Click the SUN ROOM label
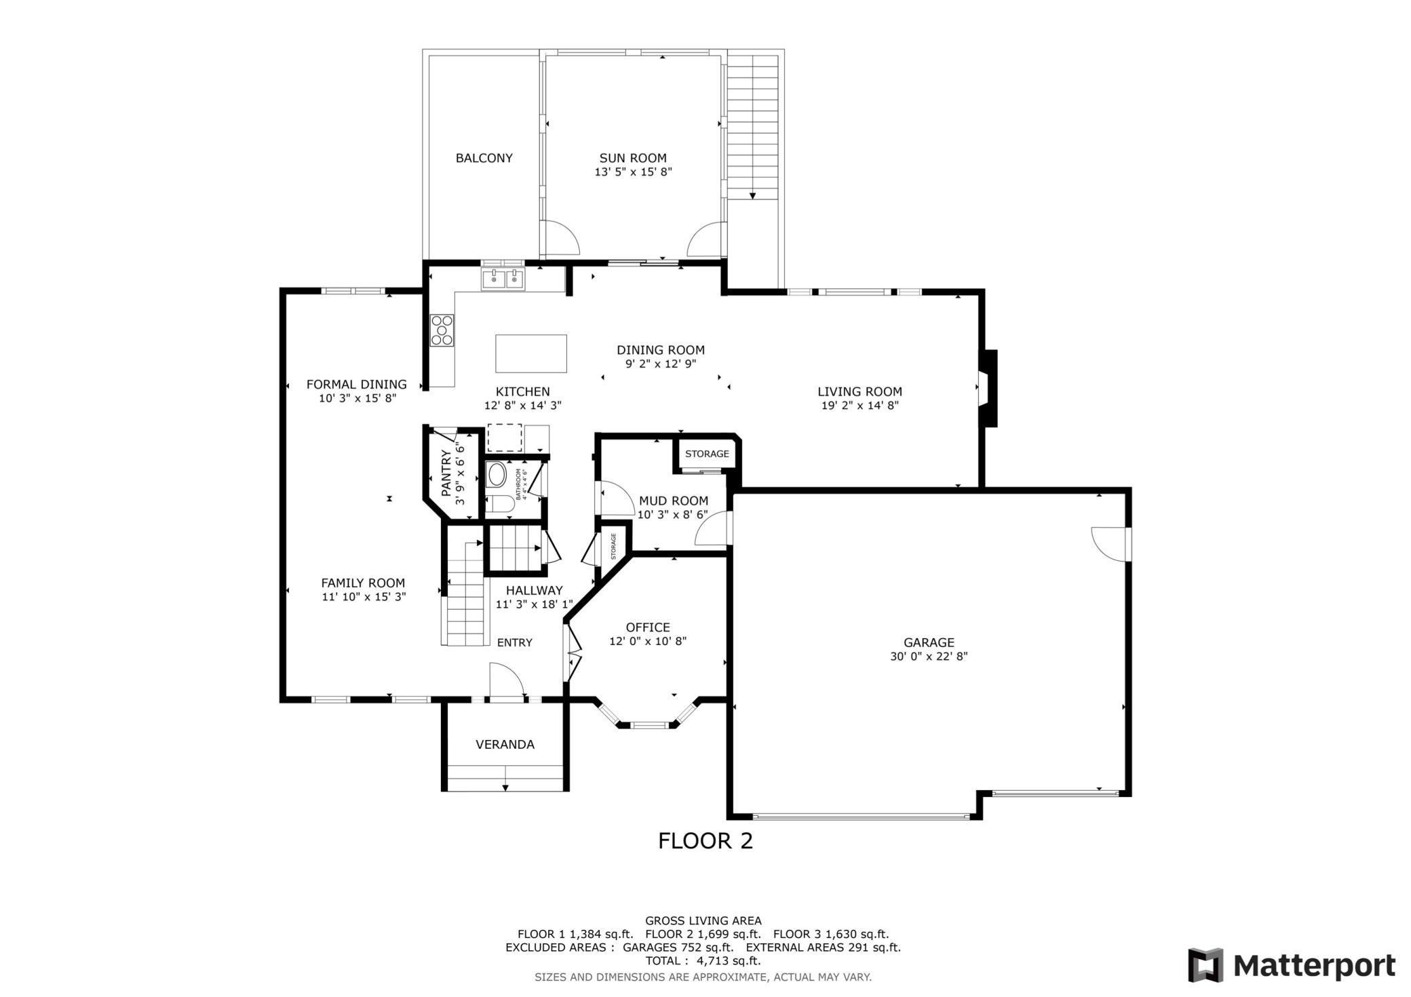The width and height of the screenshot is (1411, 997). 632,158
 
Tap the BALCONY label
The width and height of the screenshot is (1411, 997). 484,158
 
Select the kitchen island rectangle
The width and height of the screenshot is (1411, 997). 531,353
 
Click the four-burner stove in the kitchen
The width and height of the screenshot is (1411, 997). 442,330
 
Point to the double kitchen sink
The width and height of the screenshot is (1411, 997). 503,279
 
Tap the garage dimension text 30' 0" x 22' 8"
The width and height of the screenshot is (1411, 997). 929,657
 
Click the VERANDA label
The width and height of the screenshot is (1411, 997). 505,745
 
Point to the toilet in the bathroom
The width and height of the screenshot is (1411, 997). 501,504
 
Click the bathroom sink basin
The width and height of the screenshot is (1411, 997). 497,475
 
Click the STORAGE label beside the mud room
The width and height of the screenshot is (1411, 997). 707,454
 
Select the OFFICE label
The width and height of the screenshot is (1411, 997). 648,627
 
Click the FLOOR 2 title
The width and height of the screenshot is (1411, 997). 705,841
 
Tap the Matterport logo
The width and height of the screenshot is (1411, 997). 1291,965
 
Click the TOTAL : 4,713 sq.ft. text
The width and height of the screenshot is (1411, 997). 703,961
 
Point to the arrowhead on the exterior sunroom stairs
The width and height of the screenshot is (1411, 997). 753,196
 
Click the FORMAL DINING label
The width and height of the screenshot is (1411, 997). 356,385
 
